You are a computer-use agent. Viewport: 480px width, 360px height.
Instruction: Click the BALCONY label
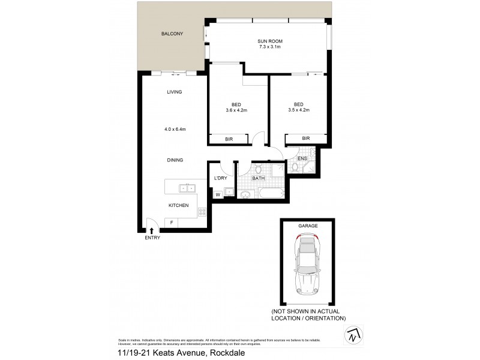(x=172, y=34)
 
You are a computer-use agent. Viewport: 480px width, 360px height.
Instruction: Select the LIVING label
(x=175, y=92)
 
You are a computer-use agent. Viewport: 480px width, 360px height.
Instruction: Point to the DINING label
(x=175, y=160)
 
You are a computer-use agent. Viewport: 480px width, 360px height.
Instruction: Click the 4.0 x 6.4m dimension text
(x=175, y=129)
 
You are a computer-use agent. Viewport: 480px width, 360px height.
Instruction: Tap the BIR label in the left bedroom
(x=229, y=139)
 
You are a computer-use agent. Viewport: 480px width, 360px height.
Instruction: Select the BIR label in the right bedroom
(x=306, y=139)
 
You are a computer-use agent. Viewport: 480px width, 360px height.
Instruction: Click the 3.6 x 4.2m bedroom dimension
(x=237, y=110)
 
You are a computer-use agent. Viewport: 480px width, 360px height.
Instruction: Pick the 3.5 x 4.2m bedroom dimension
(x=298, y=110)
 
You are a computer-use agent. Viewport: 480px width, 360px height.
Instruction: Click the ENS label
(x=302, y=158)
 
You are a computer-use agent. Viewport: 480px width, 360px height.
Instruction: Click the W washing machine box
(x=218, y=194)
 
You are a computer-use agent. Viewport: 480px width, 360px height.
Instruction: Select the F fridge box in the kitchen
(x=172, y=223)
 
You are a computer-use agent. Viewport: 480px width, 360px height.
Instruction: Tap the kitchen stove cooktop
(x=202, y=211)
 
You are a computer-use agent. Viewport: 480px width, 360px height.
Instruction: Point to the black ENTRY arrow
(x=151, y=229)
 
